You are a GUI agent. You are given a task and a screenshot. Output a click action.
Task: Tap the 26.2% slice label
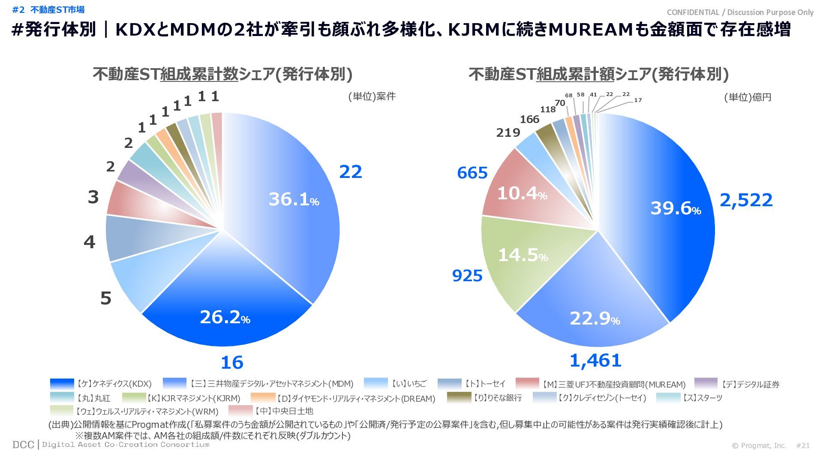pos(225,317)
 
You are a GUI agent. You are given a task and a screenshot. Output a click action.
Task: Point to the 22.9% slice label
pos(595,319)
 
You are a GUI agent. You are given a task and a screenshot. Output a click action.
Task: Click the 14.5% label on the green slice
pos(523,256)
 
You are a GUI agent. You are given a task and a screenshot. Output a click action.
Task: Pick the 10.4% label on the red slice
pos(522,194)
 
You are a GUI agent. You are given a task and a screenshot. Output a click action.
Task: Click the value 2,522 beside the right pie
pos(746,200)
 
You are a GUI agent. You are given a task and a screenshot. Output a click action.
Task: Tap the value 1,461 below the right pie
pos(595,361)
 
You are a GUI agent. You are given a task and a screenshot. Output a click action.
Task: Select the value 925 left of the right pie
pos(467,276)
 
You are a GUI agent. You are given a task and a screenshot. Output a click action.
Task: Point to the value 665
pos(472,173)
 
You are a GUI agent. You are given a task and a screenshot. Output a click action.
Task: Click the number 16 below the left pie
pos(232,363)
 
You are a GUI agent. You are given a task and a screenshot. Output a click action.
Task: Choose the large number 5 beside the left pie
pos(105,298)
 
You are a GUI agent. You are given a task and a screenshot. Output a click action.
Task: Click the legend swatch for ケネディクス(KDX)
pos(62,384)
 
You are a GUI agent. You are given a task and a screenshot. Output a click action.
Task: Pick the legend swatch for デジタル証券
pos(706,384)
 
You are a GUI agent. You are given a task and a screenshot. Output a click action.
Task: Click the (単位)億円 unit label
pos(748,97)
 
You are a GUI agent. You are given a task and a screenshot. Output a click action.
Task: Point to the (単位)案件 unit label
pos(372,96)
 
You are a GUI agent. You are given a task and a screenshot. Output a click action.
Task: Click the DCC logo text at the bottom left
pos(23,445)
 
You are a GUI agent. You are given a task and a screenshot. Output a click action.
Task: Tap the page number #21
pos(803,445)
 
